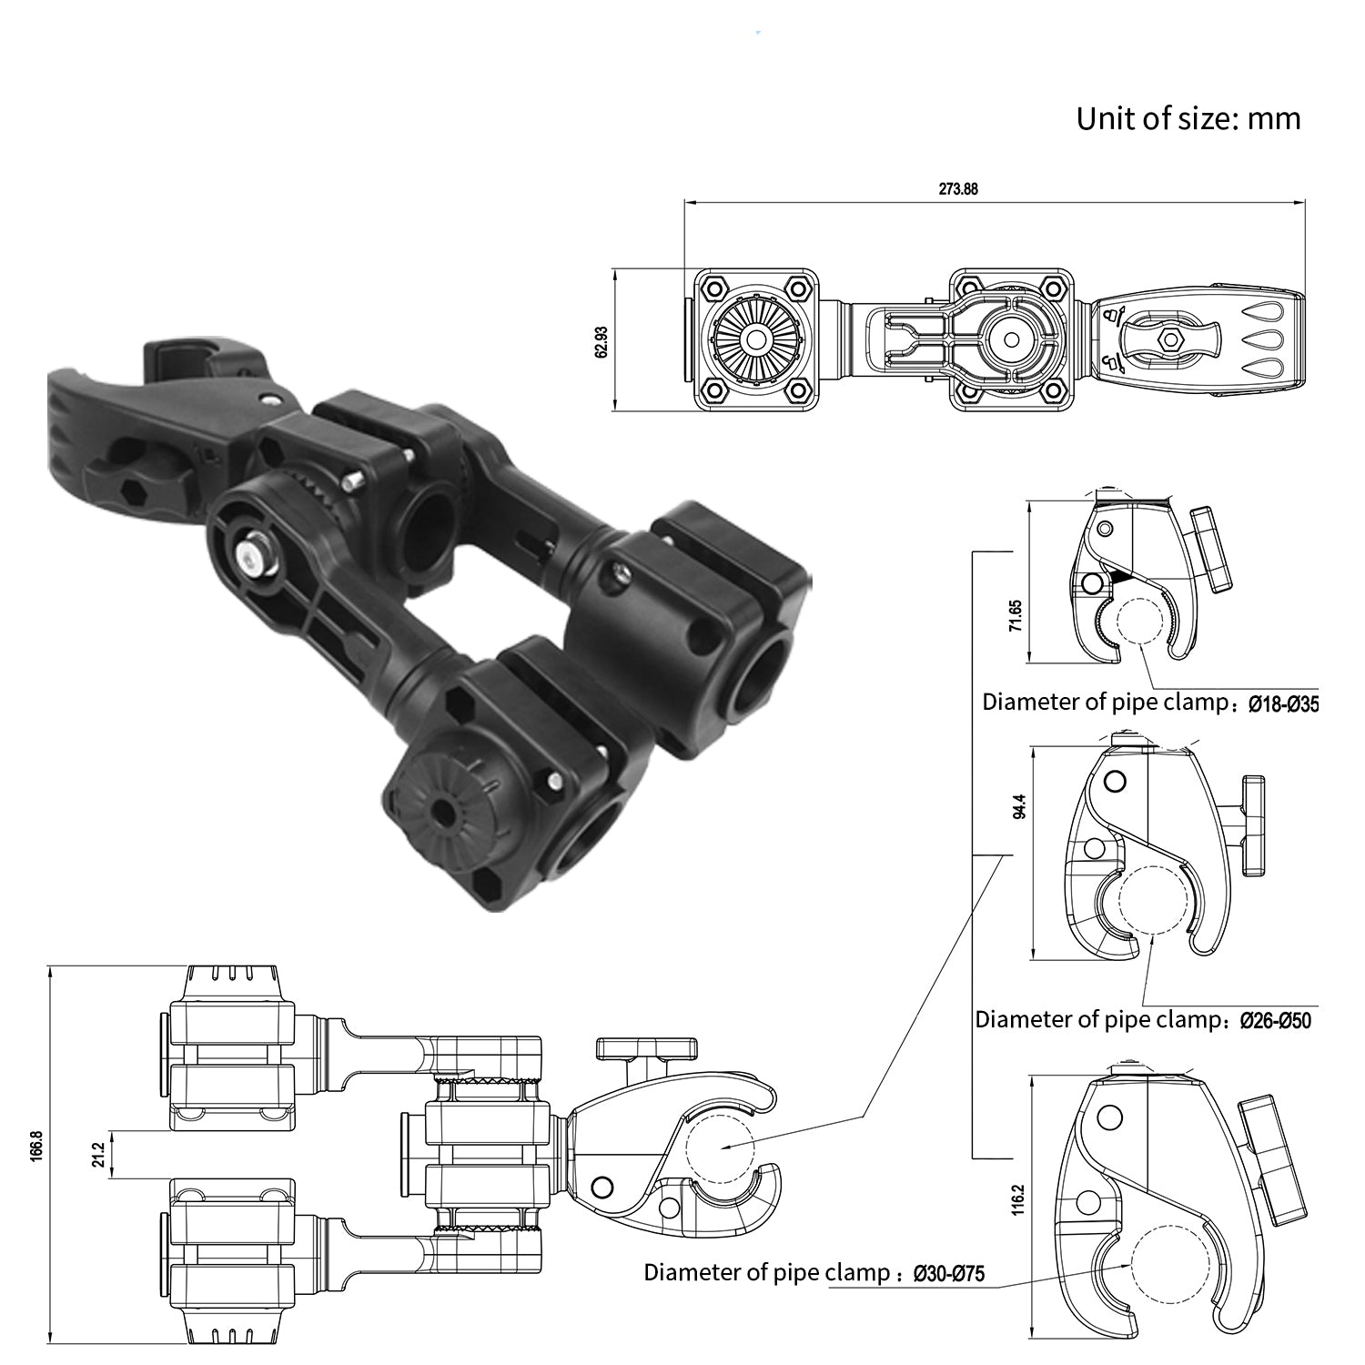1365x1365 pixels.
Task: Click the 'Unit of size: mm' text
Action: click(x=1188, y=118)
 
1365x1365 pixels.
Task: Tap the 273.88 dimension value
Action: click(x=958, y=189)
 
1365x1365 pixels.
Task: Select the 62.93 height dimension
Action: click(x=602, y=340)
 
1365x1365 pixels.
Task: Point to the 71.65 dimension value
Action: click(x=1015, y=616)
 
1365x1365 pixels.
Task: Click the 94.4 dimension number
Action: click(x=1019, y=807)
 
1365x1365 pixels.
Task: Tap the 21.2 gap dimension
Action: click(x=99, y=1155)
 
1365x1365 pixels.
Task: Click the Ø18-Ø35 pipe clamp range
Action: click(x=1283, y=703)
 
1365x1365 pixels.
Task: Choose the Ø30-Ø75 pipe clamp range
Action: click(x=949, y=1273)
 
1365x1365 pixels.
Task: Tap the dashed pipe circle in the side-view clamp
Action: click(x=721, y=1145)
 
